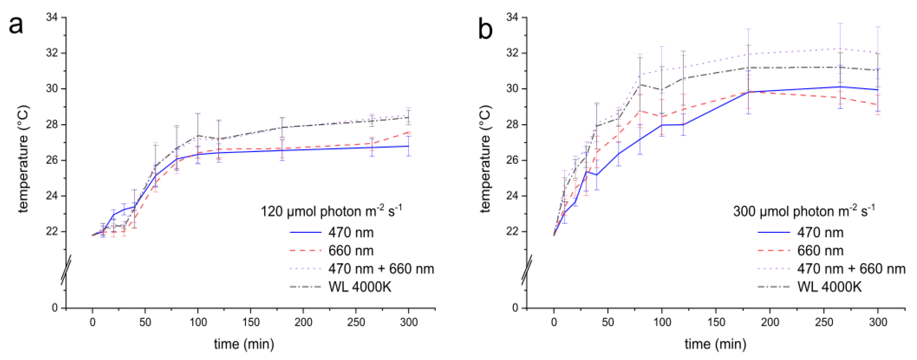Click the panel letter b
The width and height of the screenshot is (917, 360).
tap(485, 29)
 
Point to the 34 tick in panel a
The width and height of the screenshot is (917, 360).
tap(53, 17)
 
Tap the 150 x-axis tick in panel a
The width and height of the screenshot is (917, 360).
tap(251, 322)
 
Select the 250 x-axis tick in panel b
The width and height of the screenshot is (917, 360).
tap(824, 322)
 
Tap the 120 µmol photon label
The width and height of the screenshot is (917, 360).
tap(331, 211)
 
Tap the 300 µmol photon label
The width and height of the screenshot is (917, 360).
tap(803, 211)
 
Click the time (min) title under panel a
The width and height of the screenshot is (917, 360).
tap(244, 344)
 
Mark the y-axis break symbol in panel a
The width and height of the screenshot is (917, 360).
tap(66, 270)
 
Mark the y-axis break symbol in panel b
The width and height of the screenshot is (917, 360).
tap(527, 270)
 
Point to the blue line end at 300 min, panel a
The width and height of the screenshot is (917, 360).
tap(408, 146)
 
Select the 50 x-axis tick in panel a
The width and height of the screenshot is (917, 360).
tap(145, 322)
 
